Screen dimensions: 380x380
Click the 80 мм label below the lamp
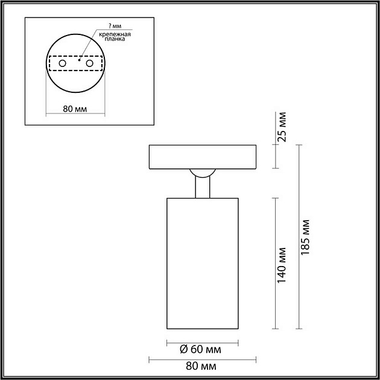[202, 366]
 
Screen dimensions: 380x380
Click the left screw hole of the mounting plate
[62, 63]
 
